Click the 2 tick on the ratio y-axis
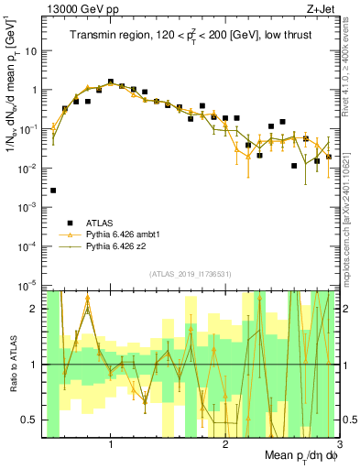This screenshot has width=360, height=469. pos(37,309)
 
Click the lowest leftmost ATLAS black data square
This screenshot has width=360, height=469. pos(53,191)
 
